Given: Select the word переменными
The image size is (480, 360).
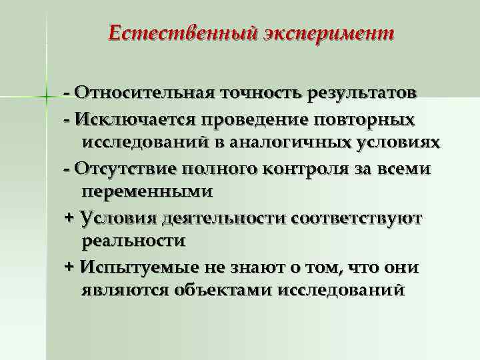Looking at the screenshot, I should coord(147,192).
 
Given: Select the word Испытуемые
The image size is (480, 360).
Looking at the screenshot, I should coord(135,267).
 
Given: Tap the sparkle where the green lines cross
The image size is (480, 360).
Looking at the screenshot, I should coord(46,97).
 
